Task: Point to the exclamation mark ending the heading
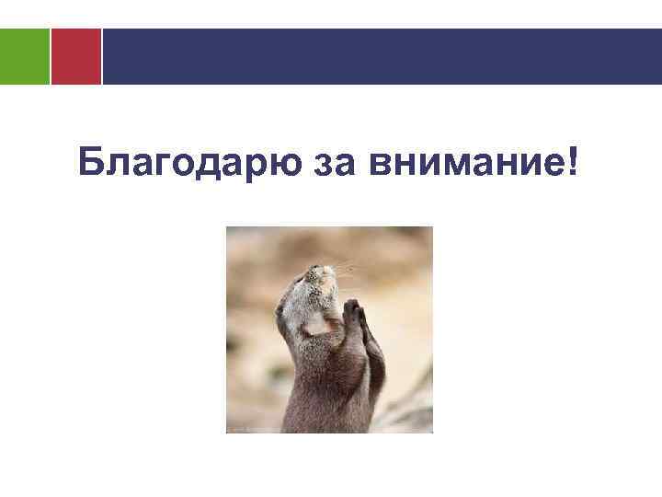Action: click(x=574, y=161)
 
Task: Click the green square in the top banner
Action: click(x=24, y=56)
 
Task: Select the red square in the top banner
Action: click(x=75, y=56)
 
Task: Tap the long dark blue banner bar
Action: click(x=381, y=56)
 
